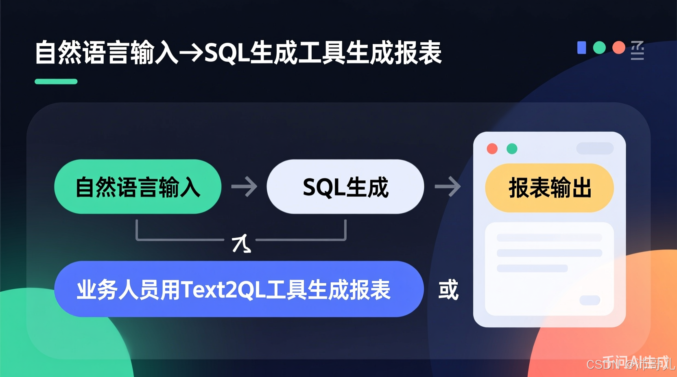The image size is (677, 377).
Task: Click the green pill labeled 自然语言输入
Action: coord(138,187)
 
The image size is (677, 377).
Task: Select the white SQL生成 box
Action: coord(345,187)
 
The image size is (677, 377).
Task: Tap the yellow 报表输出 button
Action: coord(549,188)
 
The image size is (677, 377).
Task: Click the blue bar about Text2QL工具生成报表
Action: coord(238,289)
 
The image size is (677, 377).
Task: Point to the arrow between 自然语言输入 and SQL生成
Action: coord(244,187)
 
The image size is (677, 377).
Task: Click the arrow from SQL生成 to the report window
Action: coord(448,187)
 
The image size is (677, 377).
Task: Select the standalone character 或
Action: coord(448,290)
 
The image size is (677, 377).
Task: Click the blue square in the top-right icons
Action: coord(582,48)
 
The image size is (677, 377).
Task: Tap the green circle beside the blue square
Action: coord(599,48)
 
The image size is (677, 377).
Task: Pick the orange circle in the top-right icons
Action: coord(618,48)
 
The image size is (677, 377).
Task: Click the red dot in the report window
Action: coord(492,149)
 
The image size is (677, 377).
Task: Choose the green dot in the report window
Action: coord(512,149)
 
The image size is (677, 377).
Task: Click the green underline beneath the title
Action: coord(56,82)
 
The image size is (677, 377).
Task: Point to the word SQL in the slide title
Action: coord(226,53)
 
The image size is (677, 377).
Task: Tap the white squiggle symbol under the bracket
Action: coord(241,243)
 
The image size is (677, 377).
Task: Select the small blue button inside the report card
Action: coord(590,300)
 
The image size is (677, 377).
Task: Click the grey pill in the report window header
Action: coord(595,148)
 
